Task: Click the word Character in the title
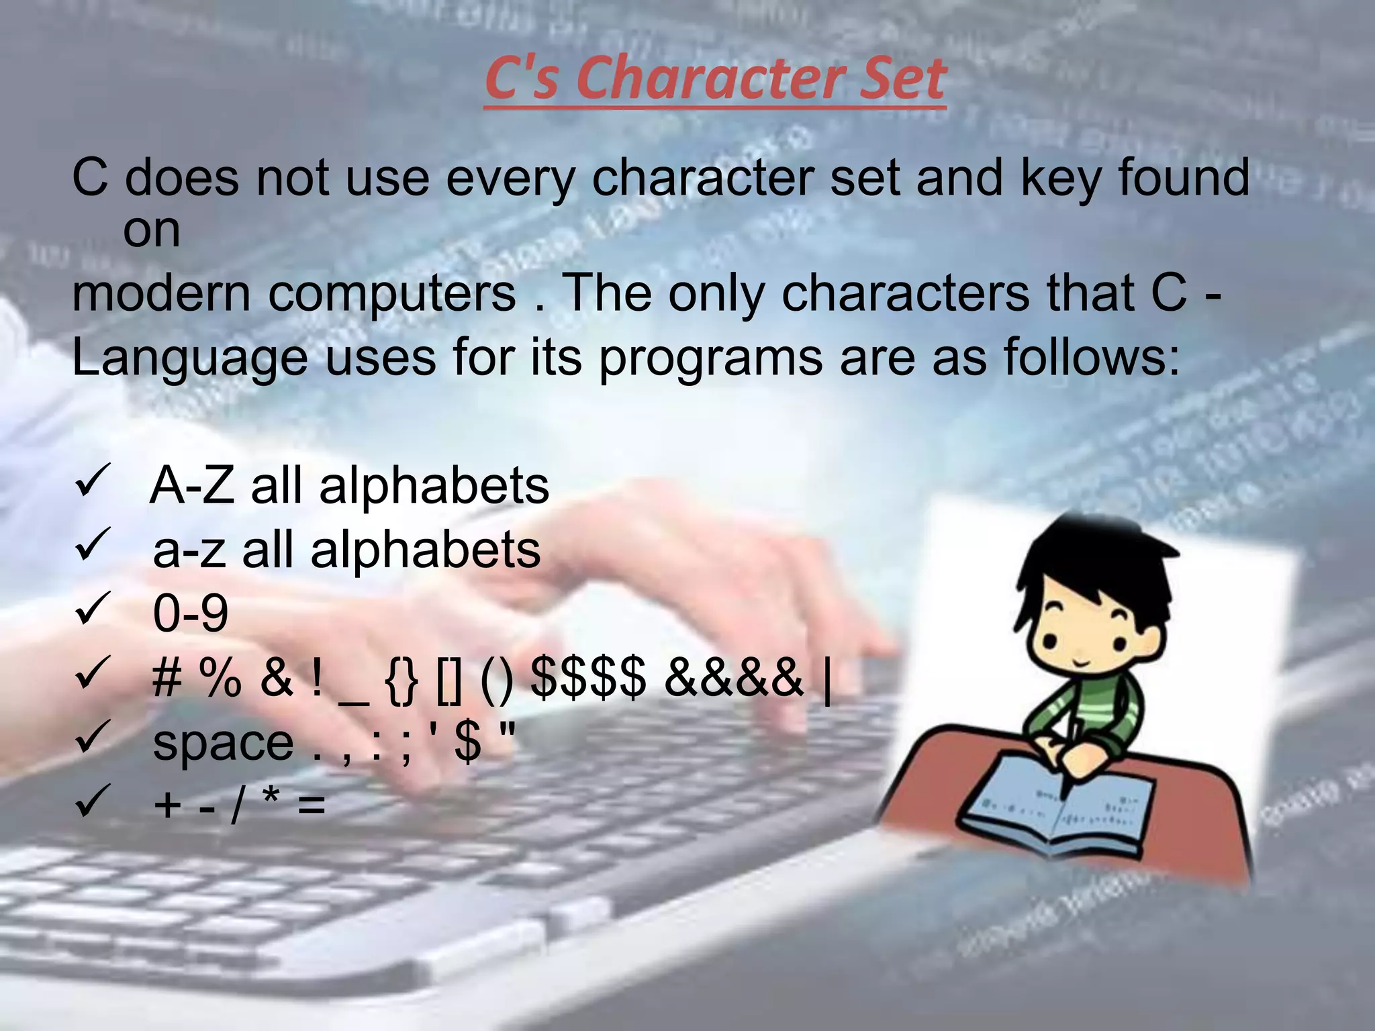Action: coord(695,79)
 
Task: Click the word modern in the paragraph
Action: coord(160,293)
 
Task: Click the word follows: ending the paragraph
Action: coord(1091,356)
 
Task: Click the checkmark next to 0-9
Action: coord(93,609)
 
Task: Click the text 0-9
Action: coord(191,613)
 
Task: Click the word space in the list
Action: coord(223,743)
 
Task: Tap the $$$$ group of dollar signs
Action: coord(588,677)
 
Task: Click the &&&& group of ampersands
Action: coord(733,677)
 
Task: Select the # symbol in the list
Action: coord(167,677)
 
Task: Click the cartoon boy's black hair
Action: coord(1088,564)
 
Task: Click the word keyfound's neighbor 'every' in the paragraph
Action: coord(510,179)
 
